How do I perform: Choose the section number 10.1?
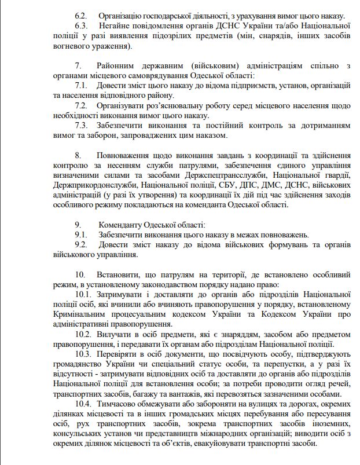(83, 295)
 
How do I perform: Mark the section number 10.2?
(83, 334)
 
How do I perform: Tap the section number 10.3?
(83, 354)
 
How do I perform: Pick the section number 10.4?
(83, 404)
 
